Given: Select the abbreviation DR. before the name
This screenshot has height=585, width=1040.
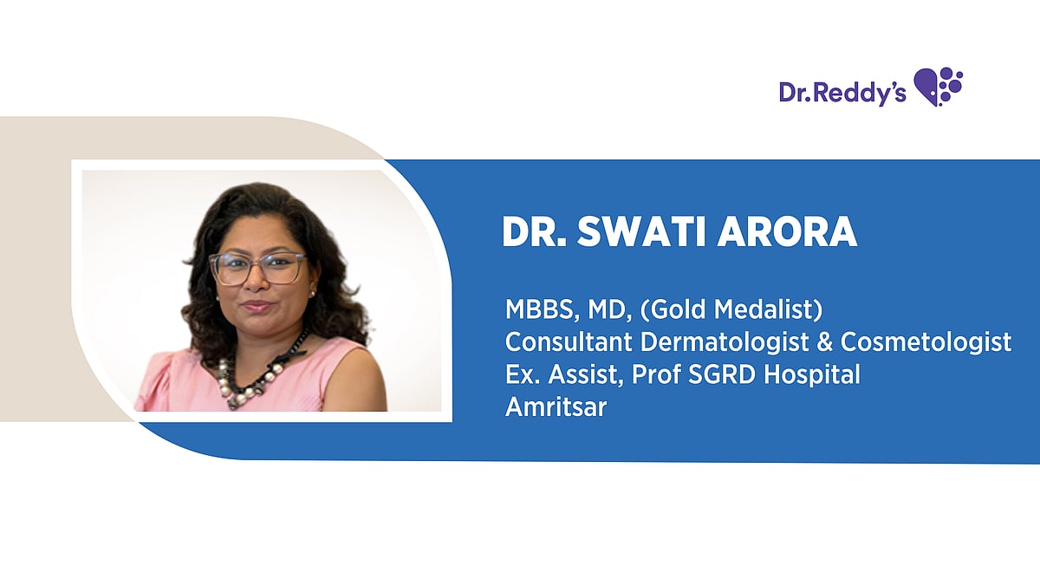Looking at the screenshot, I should (x=531, y=232).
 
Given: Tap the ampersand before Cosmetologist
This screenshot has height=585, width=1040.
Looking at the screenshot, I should (x=825, y=342).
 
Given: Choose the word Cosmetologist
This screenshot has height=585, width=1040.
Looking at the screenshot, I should (x=926, y=342).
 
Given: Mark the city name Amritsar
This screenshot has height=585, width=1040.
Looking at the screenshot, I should (x=556, y=407).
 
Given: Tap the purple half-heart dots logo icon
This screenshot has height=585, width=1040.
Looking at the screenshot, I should (x=939, y=87).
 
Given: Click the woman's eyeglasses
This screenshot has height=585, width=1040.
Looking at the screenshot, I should (x=257, y=269).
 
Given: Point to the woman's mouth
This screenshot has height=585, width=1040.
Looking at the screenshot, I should (x=257, y=306).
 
